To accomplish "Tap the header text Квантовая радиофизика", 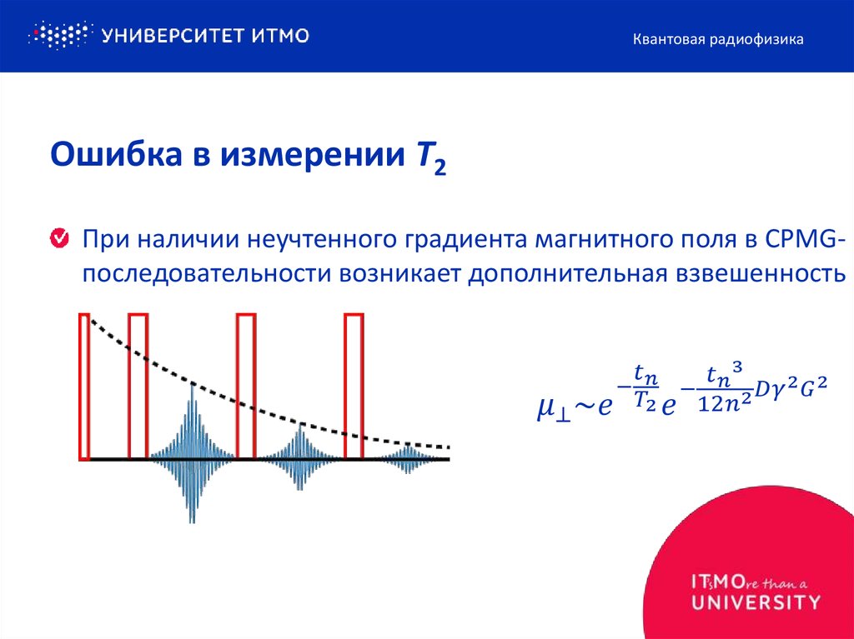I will tap(718, 39).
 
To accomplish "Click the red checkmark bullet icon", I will tap(60, 240).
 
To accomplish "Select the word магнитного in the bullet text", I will tap(611, 240).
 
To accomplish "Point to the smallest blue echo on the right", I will tap(408, 458).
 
